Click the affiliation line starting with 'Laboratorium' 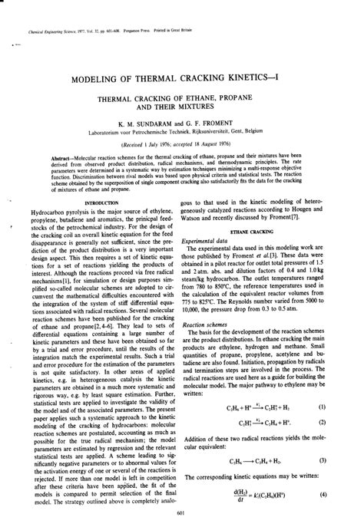[x=182, y=132]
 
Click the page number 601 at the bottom [x=182, y=513]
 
